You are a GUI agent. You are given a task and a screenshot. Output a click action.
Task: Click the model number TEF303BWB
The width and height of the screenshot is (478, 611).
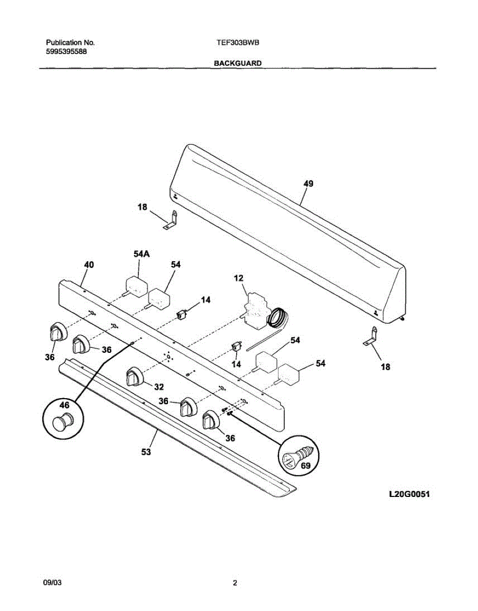[x=238, y=43]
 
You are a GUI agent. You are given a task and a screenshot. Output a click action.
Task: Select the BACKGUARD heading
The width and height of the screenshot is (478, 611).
[x=238, y=64]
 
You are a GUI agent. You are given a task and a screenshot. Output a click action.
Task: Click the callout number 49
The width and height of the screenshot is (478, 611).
[x=308, y=184]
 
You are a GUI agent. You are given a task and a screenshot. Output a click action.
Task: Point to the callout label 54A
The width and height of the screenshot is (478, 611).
[x=142, y=254]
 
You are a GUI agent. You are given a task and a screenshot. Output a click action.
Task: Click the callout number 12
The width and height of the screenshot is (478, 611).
[x=239, y=278]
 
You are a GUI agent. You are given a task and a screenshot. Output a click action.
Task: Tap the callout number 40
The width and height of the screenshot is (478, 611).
[x=89, y=265]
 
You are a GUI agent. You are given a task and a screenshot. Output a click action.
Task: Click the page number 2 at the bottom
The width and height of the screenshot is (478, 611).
[x=235, y=584]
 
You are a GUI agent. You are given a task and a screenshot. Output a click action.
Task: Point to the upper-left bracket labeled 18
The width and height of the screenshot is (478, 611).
[x=171, y=220]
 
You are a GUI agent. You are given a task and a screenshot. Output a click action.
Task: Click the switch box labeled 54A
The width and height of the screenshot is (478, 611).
[x=135, y=286]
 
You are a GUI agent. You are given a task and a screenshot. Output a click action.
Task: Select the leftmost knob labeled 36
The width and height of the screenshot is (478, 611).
[x=57, y=333]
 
